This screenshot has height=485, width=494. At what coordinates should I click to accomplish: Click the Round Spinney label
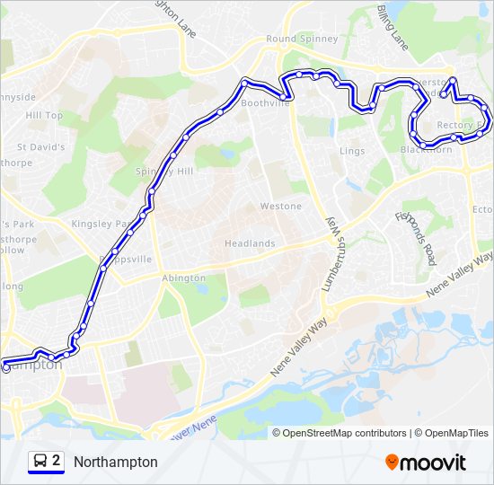(x=302, y=40)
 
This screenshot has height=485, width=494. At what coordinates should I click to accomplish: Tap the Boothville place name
(x=265, y=104)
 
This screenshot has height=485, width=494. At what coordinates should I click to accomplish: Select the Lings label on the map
(x=352, y=151)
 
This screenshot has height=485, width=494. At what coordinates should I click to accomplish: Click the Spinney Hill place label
(x=164, y=172)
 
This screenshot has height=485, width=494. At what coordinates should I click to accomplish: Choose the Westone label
(x=280, y=207)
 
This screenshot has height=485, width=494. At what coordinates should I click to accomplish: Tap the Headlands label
(x=250, y=244)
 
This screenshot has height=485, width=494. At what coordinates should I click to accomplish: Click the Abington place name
(x=183, y=279)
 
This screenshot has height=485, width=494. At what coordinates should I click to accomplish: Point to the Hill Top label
(x=44, y=116)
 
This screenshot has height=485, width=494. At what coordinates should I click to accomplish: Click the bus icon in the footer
(x=40, y=462)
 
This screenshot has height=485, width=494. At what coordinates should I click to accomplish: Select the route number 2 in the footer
(x=57, y=461)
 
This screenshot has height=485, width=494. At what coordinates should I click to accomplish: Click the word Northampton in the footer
(x=116, y=462)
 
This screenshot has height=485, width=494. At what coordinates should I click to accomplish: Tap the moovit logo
(x=426, y=463)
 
